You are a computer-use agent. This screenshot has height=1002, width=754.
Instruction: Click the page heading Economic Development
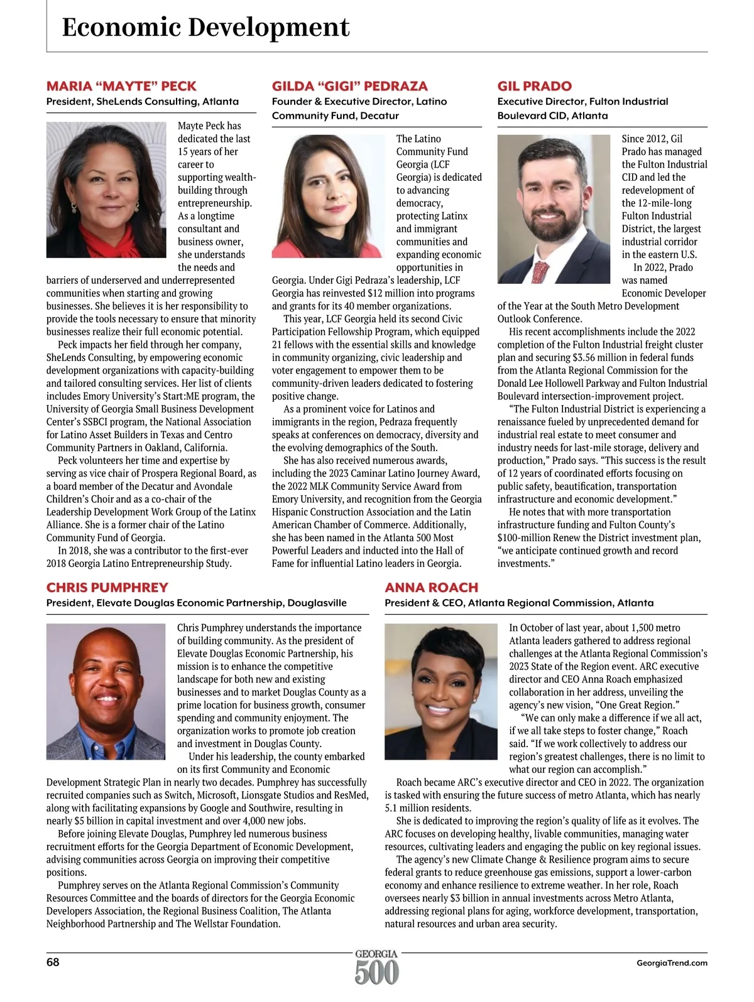coord(205,28)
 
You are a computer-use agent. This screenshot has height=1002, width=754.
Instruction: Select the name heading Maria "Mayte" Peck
coord(121,86)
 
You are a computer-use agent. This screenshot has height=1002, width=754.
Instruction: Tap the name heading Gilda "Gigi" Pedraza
coord(349,86)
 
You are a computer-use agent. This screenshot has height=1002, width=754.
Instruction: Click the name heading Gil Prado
coord(534,86)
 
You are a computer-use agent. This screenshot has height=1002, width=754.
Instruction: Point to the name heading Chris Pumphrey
coord(107,588)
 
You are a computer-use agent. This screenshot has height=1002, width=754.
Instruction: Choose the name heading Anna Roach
coord(431,588)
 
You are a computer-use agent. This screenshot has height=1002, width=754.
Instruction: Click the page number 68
coord(53,962)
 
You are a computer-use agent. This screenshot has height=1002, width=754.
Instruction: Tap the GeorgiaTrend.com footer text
coord(671,962)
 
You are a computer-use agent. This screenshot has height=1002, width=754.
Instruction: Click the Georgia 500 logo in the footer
coord(376,967)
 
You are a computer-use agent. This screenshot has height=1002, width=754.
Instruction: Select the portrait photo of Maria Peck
coord(106,190)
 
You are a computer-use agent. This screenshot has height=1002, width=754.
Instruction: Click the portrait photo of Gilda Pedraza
coord(327,196)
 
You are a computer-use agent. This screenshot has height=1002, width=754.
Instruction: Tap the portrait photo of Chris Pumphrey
coord(106,691)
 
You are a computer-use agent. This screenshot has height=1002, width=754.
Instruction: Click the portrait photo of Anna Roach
coord(440,691)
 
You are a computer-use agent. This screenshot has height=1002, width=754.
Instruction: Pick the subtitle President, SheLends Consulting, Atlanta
coord(143,101)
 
